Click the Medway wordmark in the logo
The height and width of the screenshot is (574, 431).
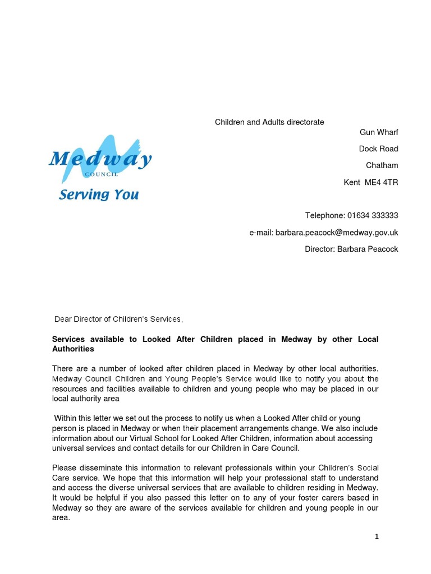(100, 160)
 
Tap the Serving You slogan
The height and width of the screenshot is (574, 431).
(99, 195)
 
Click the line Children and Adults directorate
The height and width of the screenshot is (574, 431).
(269, 122)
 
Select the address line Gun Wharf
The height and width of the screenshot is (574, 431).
(379, 132)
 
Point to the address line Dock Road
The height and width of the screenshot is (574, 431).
(378, 149)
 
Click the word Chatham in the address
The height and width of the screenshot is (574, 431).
(382, 165)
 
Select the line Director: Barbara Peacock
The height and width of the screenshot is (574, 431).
(351, 249)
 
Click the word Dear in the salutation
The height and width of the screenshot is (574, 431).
(63, 319)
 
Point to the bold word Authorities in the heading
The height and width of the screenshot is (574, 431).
(73, 349)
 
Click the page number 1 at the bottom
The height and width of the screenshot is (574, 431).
(377, 536)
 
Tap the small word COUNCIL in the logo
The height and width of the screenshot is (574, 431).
(101, 174)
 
